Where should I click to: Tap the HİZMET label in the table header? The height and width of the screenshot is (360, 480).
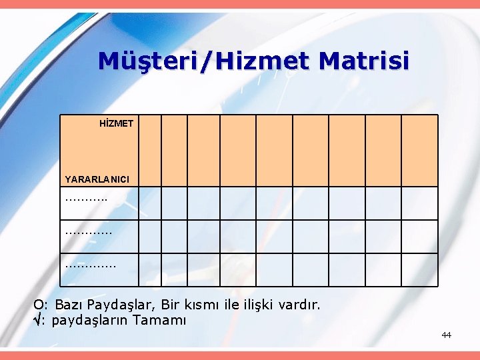117,123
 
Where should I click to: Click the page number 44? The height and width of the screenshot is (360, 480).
446,335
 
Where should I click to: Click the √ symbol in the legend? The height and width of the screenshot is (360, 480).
38,320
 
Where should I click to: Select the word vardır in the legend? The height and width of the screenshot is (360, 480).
302,305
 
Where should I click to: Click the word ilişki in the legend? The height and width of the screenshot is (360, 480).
263,305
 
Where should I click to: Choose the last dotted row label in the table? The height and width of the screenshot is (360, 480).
90,265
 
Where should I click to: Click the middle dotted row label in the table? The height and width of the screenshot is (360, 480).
88,233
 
